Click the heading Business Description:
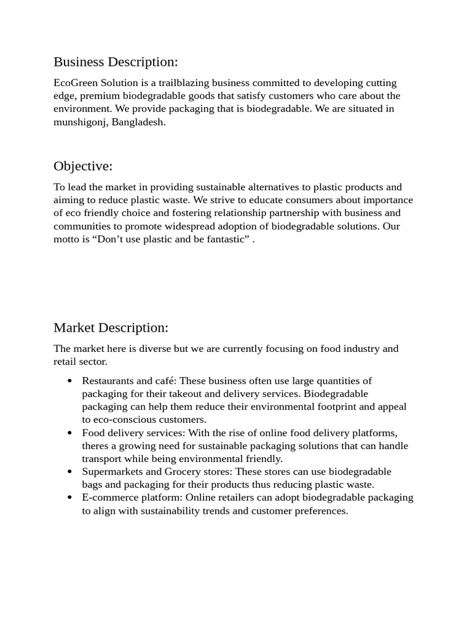116,62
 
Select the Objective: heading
83,166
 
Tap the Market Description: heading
111,328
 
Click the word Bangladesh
138,122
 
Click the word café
163,381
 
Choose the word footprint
341,407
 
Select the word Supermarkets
112,471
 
